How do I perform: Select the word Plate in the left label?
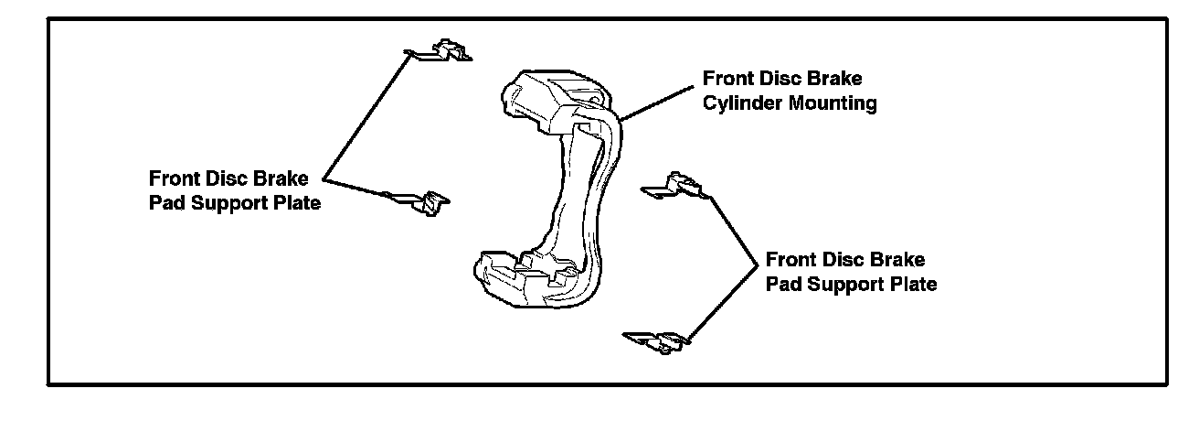click(295, 203)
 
